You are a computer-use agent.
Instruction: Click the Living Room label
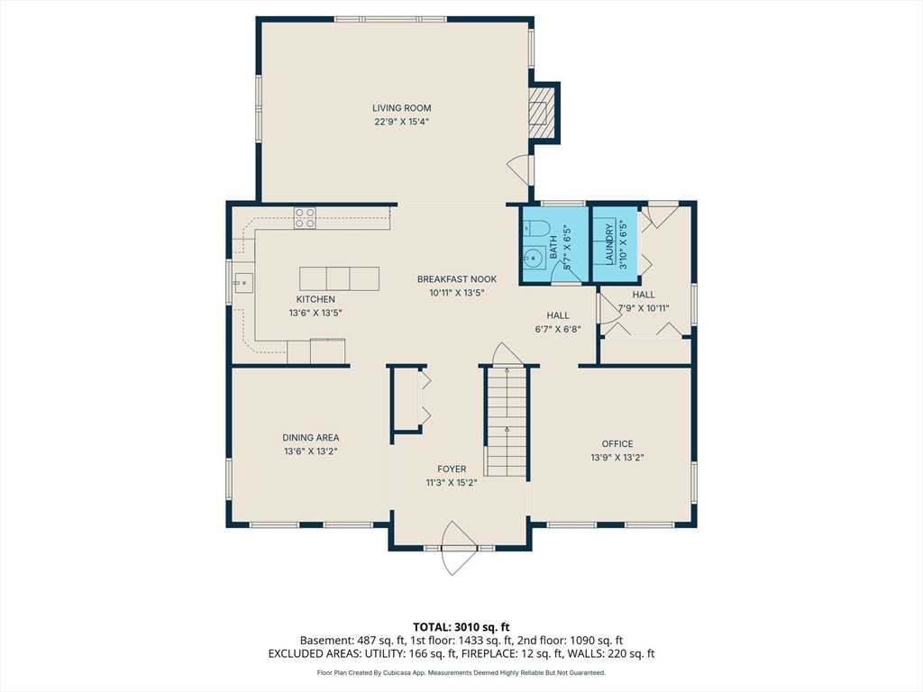(x=401, y=108)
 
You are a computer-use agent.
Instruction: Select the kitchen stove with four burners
(x=305, y=218)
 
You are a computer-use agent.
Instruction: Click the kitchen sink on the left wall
(x=243, y=283)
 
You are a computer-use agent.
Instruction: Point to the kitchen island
(x=339, y=278)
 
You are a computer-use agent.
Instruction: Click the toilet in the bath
(x=535, y=227)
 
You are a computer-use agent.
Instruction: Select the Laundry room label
(x=610, y=243)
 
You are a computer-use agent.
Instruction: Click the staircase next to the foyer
(x=506, y=422)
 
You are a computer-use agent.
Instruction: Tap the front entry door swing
(x=458, y=548)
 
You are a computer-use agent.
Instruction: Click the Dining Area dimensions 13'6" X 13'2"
(x=311, y=451)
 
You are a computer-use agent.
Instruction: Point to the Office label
(x=617, y=443)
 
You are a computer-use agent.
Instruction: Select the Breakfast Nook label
(x=457, y=279)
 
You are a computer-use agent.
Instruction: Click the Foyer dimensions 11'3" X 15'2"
(x=452, y=483)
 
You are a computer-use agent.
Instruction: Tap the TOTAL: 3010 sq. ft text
(x=461, y=627)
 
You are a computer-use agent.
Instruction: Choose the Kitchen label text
(x=315, y=299)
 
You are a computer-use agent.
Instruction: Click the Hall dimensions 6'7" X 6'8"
(x=558, y=329)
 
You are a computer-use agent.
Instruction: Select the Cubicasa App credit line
(x=461, y=672)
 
